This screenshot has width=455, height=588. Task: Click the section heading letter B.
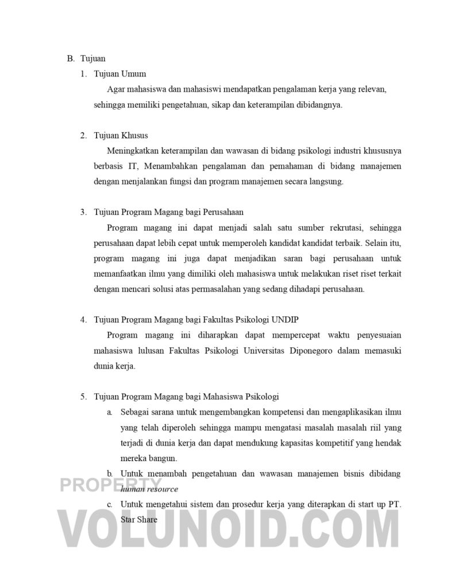[70, 59]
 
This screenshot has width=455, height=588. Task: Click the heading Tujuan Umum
[120, 73]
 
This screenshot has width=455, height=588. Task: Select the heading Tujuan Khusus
[121, 136]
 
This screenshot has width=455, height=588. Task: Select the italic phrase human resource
[149, 489]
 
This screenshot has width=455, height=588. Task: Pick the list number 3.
[83, 211]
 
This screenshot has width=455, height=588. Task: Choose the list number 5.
[83, 396]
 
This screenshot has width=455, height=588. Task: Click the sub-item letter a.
[109, 412]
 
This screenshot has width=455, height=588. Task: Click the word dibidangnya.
[313, 105]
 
